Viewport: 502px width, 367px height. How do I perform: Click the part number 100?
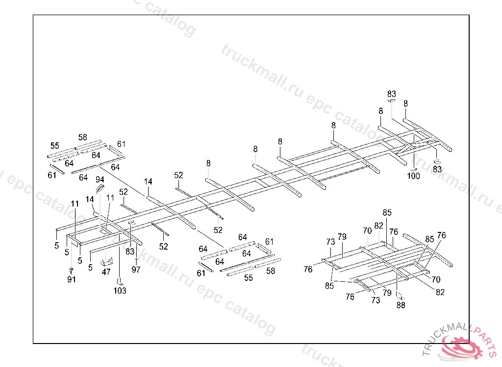click(414, 176)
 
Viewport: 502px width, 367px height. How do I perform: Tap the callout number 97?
click(136, 270)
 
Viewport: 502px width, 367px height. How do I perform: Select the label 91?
click(72, 279)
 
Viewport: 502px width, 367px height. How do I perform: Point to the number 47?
click(106, 272)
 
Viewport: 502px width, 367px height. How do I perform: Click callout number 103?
click(120, 291)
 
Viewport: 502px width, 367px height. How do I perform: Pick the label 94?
click(100, 179)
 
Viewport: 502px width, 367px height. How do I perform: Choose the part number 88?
click(401, 305)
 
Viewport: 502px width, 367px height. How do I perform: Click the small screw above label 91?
click(72, 270)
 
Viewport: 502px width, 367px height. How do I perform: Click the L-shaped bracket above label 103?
click(119, 281)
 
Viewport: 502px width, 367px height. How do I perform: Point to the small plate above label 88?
click(400, 296)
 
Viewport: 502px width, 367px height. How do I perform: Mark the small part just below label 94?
click(100, 188)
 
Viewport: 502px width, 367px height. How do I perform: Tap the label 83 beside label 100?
click(437, 169)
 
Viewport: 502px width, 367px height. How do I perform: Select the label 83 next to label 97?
click(129, 252)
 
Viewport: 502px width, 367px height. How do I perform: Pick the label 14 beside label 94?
click(90, 199)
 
